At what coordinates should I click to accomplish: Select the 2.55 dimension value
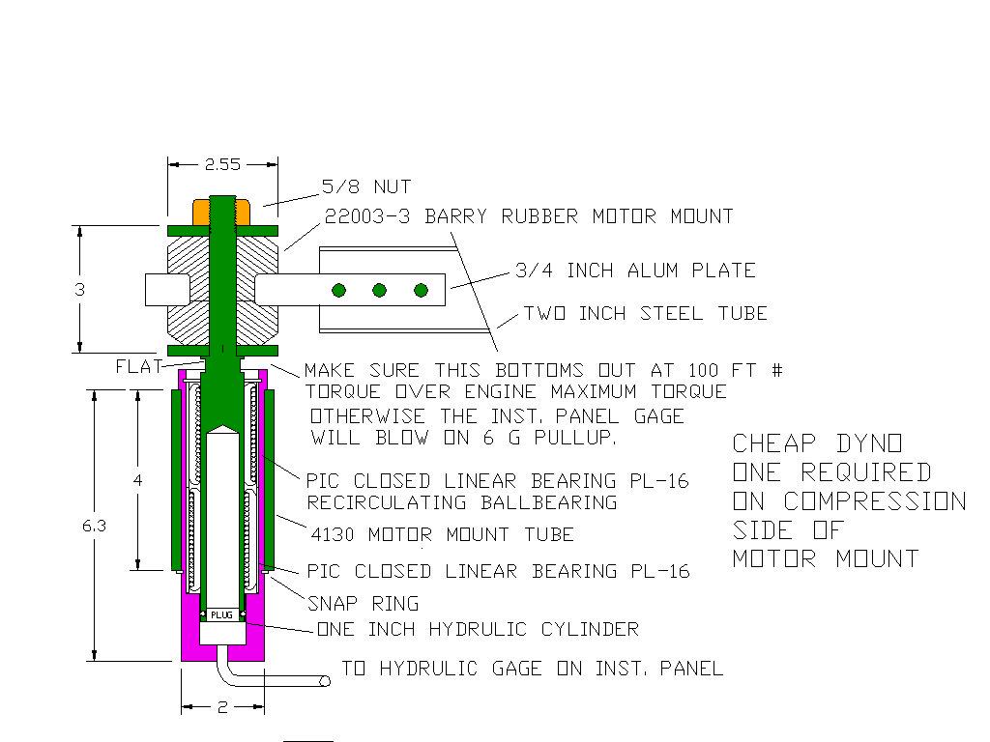[222, 164]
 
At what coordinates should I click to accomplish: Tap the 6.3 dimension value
[95, 526]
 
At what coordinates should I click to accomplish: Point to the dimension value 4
[138, 480]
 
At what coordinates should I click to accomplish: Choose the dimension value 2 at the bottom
[222, 707]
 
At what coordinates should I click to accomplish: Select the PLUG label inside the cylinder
[222, 614]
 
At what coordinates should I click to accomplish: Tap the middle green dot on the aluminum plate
[380, 290]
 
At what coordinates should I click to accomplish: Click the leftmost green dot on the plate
[338, 290]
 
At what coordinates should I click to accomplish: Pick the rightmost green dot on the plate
[421, 290]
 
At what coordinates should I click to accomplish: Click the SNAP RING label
[363, 604]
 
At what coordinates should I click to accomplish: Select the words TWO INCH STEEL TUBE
[645, 313]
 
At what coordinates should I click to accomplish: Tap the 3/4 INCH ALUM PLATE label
[635, 271]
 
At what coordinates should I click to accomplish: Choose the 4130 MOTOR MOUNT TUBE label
[442, 534]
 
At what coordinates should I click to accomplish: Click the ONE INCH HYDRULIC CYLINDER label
[478, 630]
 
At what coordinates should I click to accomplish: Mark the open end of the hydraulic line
[325, 681]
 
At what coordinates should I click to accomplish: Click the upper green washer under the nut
[222, 231]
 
